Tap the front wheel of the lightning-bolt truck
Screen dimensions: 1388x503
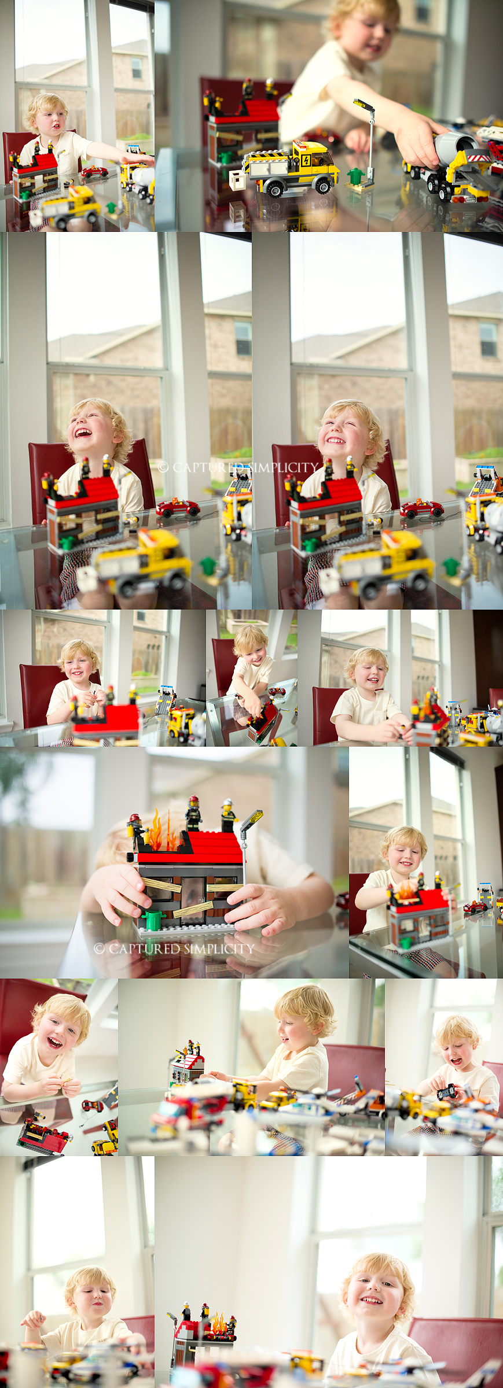pyautogui.click(x=324, y=184)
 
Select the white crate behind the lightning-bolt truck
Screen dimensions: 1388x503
pyautogui.click(x=237, y=180)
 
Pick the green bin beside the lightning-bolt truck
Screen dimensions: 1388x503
pyautogui.click(x=355, y=176)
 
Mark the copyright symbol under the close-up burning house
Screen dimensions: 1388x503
pyautogui.click(x=99, y=948)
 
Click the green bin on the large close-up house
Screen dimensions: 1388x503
pyautogui.click(x=153, y=919)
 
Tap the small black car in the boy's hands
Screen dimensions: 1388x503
pyautogui.click(x=446, y=1092)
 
